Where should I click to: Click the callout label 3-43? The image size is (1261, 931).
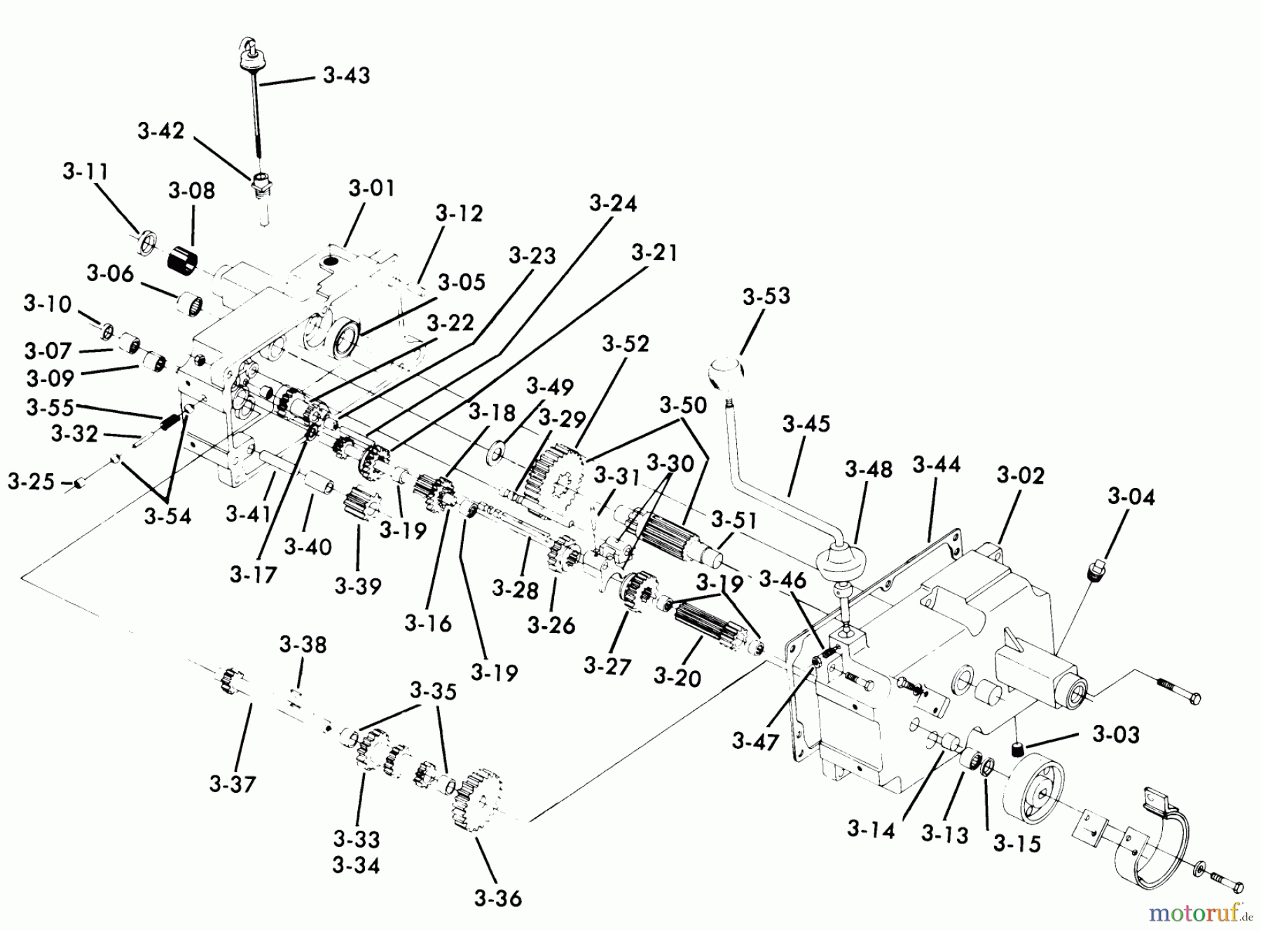pyautogui.click(x=347, y=75)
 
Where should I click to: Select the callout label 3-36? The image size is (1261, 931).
pyautogui.click(x=497, y=898)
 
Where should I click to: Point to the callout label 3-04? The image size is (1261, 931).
pyautogui.click(x=1131, y=496)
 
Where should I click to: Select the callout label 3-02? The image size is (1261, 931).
pyautogui.click(x=1021, y=475)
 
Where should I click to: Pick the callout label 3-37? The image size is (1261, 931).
pyautogui.click(x=233, y=783)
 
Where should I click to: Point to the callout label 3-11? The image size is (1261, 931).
pyautogui.click(x=86, y=171)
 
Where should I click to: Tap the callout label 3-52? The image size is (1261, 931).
pyautogui.click(x=626, y=344)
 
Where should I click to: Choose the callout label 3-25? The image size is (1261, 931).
pyautogui.click(x=31, y=482)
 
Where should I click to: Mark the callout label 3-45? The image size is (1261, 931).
pyautogui.click(x=806, y=424)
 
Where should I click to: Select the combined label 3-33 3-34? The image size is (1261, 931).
pyautogui.click(x=357, y=852)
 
